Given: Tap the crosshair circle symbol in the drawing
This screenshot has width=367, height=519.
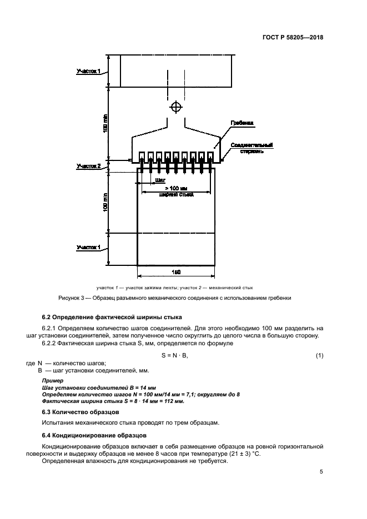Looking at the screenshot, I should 176,106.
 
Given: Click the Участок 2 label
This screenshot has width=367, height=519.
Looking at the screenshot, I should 88,165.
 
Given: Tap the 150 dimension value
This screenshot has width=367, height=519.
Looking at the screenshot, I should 176,272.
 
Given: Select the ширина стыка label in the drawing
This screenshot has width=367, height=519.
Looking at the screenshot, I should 175,194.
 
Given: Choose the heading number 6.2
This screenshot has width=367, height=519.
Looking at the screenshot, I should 48,318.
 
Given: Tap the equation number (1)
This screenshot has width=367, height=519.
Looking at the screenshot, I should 319,355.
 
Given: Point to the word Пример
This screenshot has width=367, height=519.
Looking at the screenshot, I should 53,380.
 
